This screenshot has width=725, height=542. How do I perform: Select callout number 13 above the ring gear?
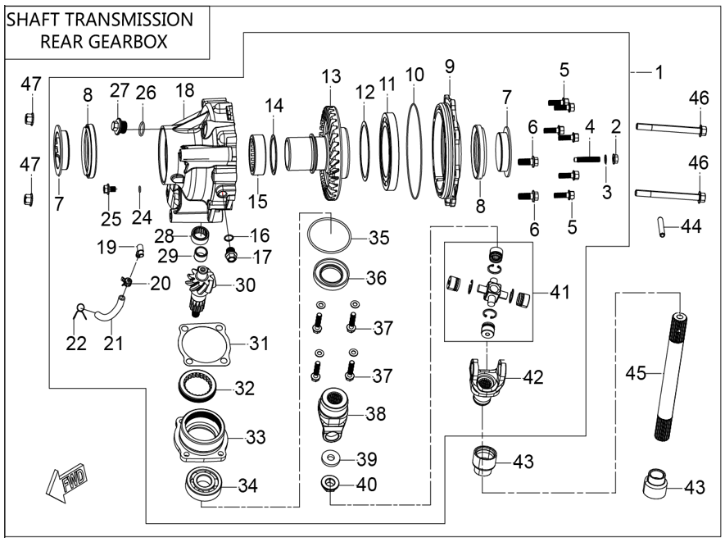[x=330, y=78]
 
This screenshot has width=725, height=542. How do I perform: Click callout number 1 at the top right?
[x=657, y=73]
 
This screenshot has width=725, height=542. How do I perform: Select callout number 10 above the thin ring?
[x=415, y=74]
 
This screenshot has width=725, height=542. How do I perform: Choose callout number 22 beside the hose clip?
[x=75, y=341]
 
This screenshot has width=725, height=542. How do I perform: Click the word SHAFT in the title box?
[x=39, y=20]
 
